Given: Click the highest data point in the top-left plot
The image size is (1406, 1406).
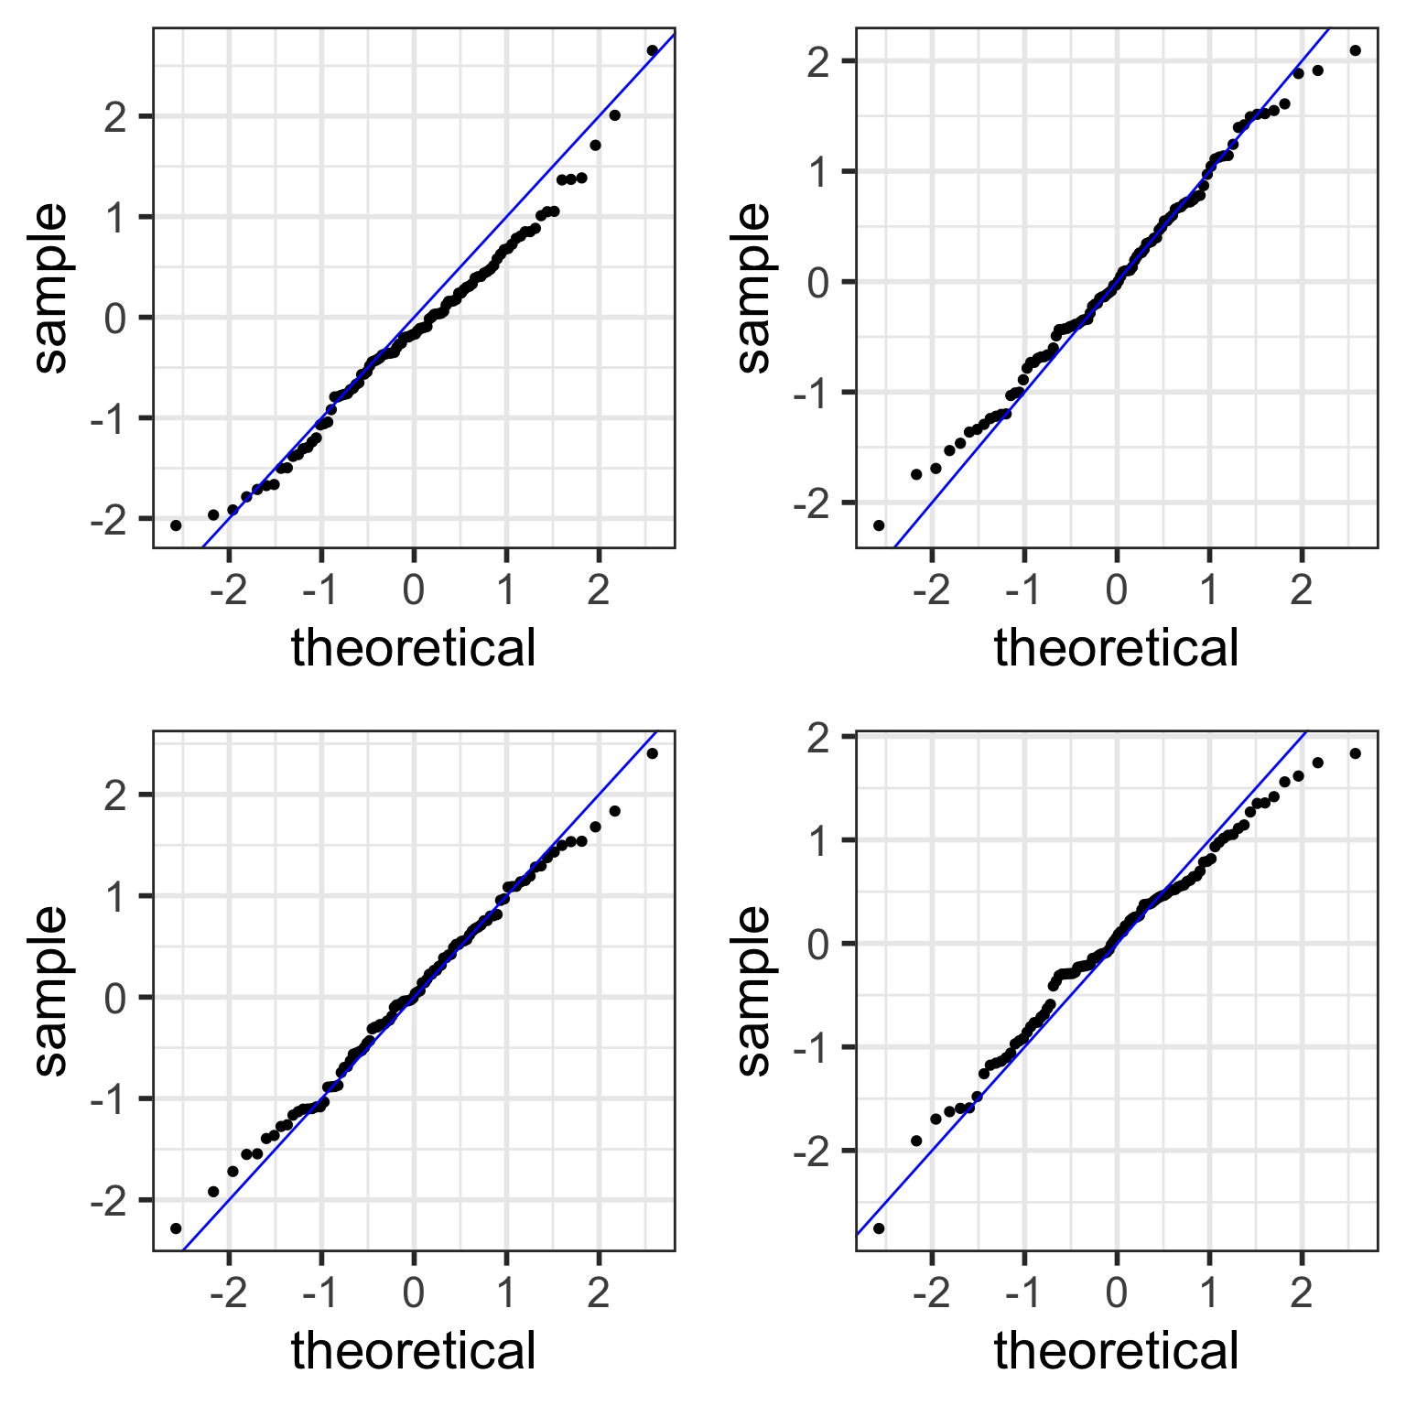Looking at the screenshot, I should [652, 50].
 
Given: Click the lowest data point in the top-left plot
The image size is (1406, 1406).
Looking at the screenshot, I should [176, 525].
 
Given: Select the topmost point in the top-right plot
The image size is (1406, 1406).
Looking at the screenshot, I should [1355, 50].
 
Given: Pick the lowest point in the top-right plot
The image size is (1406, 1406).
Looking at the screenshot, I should [879, 525].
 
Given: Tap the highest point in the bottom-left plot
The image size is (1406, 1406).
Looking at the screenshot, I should [652, 753].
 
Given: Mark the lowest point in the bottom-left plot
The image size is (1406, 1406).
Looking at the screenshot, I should [176, 1228].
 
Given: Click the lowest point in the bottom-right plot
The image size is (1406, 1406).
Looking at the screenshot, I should [879, 1228].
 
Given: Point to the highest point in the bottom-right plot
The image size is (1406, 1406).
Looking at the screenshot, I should [1355, 753].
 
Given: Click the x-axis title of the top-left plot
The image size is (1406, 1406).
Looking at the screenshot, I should [414, 648].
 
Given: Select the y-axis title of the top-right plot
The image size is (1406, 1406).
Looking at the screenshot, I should [754, 288].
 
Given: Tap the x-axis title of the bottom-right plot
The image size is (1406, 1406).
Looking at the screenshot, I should [1117, 1351].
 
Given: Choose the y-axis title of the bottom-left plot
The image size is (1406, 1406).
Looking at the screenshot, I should [51, 990].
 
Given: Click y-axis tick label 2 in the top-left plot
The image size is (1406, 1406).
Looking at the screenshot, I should [115, 116].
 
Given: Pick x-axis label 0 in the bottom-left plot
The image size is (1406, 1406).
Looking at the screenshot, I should [414, 1294].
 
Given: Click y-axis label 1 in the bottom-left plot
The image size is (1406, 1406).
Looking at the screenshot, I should [115, 896].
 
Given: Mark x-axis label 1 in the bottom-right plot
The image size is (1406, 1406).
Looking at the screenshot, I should [1209, 1294].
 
